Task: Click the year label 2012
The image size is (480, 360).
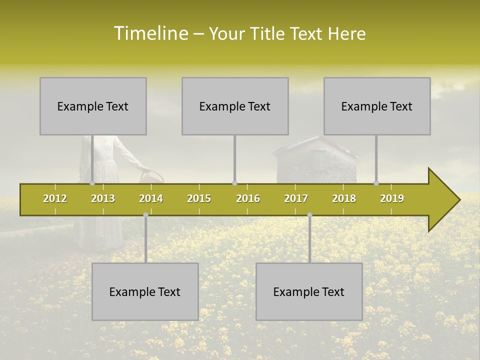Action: pos(55,199)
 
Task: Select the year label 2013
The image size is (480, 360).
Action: pos(103,199)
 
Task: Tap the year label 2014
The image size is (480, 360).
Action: pos(151,199)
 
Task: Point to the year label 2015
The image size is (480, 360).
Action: pos(199,199)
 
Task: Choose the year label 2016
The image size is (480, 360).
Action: pos(248,199)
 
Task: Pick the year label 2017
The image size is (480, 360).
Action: pos(296,199)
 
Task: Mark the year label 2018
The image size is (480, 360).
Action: pos(344,199)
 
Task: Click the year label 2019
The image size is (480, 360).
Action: pos(392,199)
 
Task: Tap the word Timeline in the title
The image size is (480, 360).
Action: pos(150,33)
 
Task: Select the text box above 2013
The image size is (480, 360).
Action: pos(93,106)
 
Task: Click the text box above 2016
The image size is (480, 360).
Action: pos(235,106)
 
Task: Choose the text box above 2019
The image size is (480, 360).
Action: pos(377,106)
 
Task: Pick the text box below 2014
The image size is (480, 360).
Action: pos(145,291)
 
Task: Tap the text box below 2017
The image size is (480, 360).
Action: pos(309,291)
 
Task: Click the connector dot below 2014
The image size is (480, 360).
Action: pos(145,215)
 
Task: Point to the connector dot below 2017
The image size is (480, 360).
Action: pos(309,215)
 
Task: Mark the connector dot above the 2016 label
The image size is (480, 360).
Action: pos(234,183)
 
